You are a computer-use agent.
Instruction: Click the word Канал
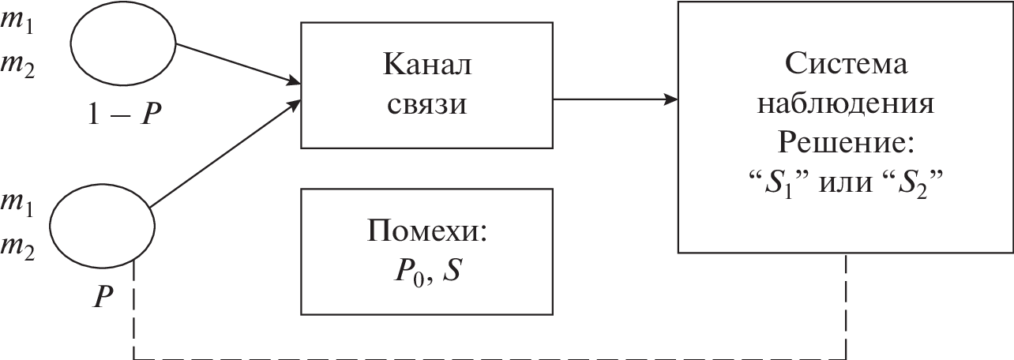point(426,65)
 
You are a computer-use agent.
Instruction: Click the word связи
point(426,104)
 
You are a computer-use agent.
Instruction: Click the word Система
point(845,64)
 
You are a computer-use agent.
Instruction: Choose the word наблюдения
point(845,105)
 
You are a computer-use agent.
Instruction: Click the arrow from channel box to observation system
point(616,99)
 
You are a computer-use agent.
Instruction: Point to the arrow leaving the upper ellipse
point(237,63)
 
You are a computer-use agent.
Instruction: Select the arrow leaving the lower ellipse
point(225,154)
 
